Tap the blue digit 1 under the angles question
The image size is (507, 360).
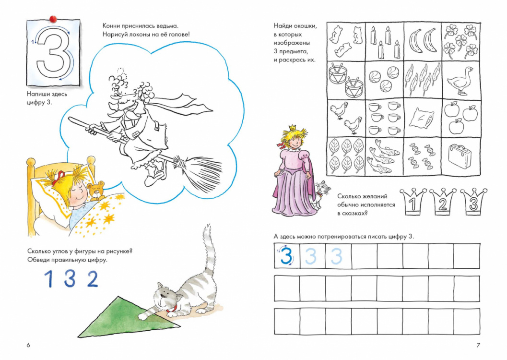point(48,279)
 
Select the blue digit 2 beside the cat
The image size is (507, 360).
point(93,279)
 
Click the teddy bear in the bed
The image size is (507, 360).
point(97,191)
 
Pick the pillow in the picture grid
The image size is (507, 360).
point(421,118)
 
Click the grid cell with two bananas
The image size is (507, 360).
point(423,41)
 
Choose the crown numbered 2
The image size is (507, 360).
point(443,201)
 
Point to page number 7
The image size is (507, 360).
point(478,345)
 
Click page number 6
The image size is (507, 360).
point(28,345)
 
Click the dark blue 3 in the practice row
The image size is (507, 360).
point(286,255)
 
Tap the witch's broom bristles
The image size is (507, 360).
point(197,170)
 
